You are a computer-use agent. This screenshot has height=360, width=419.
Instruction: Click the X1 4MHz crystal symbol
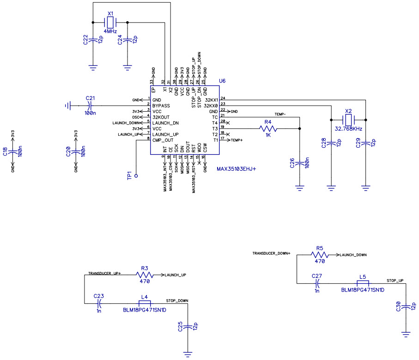(110, 22)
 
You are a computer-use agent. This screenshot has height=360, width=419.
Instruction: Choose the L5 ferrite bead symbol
(363, 283)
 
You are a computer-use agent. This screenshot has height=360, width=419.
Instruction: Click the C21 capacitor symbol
(90, 106)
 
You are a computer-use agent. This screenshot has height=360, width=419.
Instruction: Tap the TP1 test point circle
(136, 176)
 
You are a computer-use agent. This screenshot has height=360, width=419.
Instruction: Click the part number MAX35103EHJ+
(236, 169)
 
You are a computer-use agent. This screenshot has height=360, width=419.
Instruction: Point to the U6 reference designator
(222, 81)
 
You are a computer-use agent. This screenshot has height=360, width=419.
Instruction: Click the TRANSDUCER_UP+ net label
(104, 274)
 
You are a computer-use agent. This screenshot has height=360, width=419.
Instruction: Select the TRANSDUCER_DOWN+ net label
(271, 253)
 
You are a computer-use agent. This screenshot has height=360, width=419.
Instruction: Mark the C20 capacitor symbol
(76, 151)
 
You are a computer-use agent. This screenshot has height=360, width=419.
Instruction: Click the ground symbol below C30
(406, 333)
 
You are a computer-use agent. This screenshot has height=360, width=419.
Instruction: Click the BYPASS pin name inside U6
(161, 106)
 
